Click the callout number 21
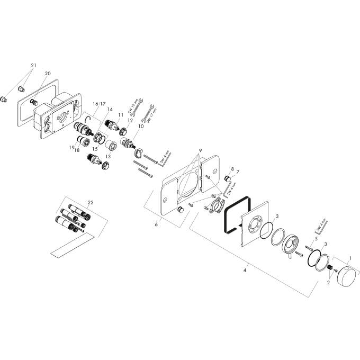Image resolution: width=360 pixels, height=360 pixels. point(33,66)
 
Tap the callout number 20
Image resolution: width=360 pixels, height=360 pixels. point(48,73)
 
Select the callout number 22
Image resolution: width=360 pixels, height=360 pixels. point(91,203)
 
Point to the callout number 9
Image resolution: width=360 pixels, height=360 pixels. point(200,151)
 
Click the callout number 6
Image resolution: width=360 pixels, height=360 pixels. point(156,224)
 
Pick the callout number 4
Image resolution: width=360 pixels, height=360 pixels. point(244,271)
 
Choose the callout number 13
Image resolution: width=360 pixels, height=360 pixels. point(109,157)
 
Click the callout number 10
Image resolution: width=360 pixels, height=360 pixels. point(141,127)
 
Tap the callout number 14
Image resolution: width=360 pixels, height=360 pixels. point(110,110)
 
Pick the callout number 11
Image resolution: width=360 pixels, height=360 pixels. point(121,114)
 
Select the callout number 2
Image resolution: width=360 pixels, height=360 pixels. point(328,283)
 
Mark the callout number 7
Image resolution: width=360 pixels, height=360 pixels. point(238,172)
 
